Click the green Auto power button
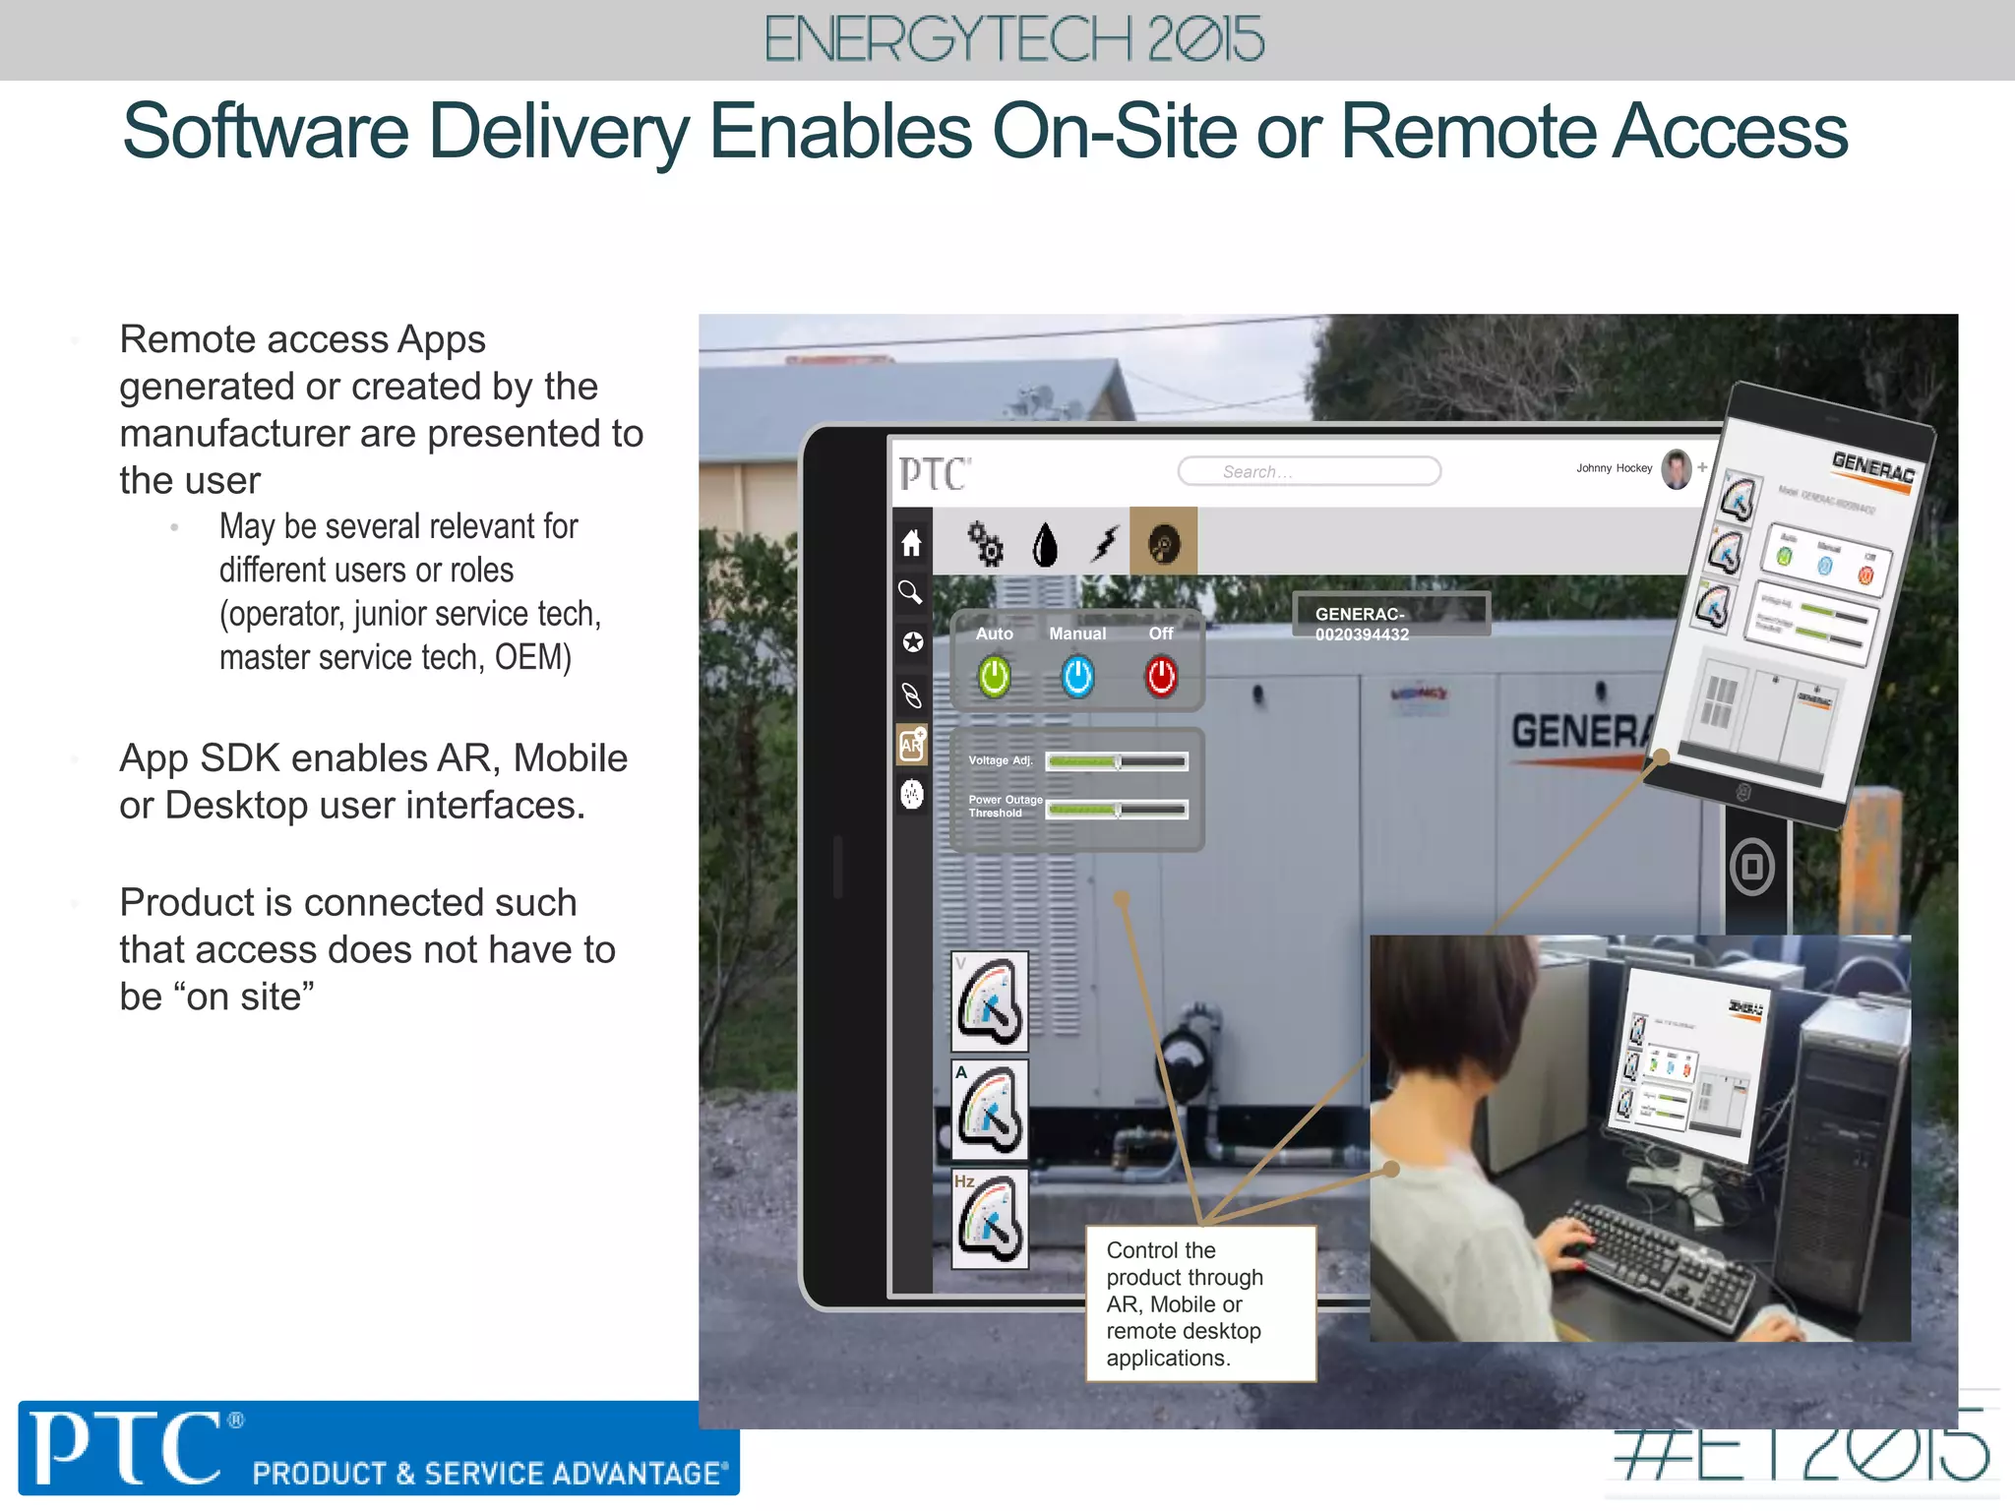(x=994, y=677)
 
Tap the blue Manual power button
(x=1077, y=677)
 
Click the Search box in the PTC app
(x=1309, y=471)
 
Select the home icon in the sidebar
(x=912, y=542)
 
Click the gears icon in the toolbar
(x=985, y=543)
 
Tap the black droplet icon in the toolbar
(x=1045, y=544)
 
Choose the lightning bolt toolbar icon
(x=1106, y=543)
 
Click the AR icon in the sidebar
(x=912, y=745)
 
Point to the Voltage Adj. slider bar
(x=1117, y=761)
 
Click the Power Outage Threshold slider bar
(x=1117, y=810)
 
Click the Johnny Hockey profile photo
(x=1677, y=469)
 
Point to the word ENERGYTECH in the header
(x=947, y=39)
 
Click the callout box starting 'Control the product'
(x=1200, y=1303)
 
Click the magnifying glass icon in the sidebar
(x=911, y=592)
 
